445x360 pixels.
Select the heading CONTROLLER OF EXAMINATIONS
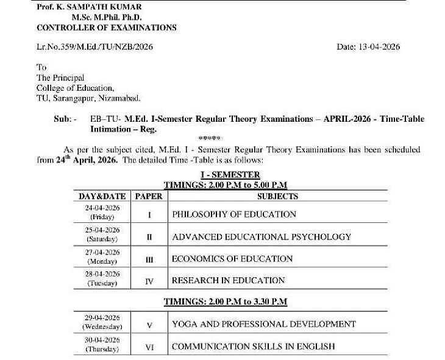tap(107, 27)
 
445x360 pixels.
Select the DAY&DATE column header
tap(102, 196)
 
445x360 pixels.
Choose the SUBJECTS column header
tap(277, 196)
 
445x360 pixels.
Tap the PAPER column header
tap(149, 196)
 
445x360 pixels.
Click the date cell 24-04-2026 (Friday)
tap(102, 213)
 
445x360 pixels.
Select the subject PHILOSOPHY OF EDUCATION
tap(233, 214)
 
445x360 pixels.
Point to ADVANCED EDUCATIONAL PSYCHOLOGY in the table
tap(261, 236)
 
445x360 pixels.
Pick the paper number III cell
tap(149, 259)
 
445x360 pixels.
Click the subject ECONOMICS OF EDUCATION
tap(232, 258)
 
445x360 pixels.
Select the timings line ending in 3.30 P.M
tap(226, 302)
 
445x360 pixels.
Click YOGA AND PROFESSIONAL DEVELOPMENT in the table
tap(263, 324)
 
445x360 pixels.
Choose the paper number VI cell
tap(149, 347)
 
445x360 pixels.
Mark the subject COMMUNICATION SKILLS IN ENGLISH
tap(253, 347)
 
